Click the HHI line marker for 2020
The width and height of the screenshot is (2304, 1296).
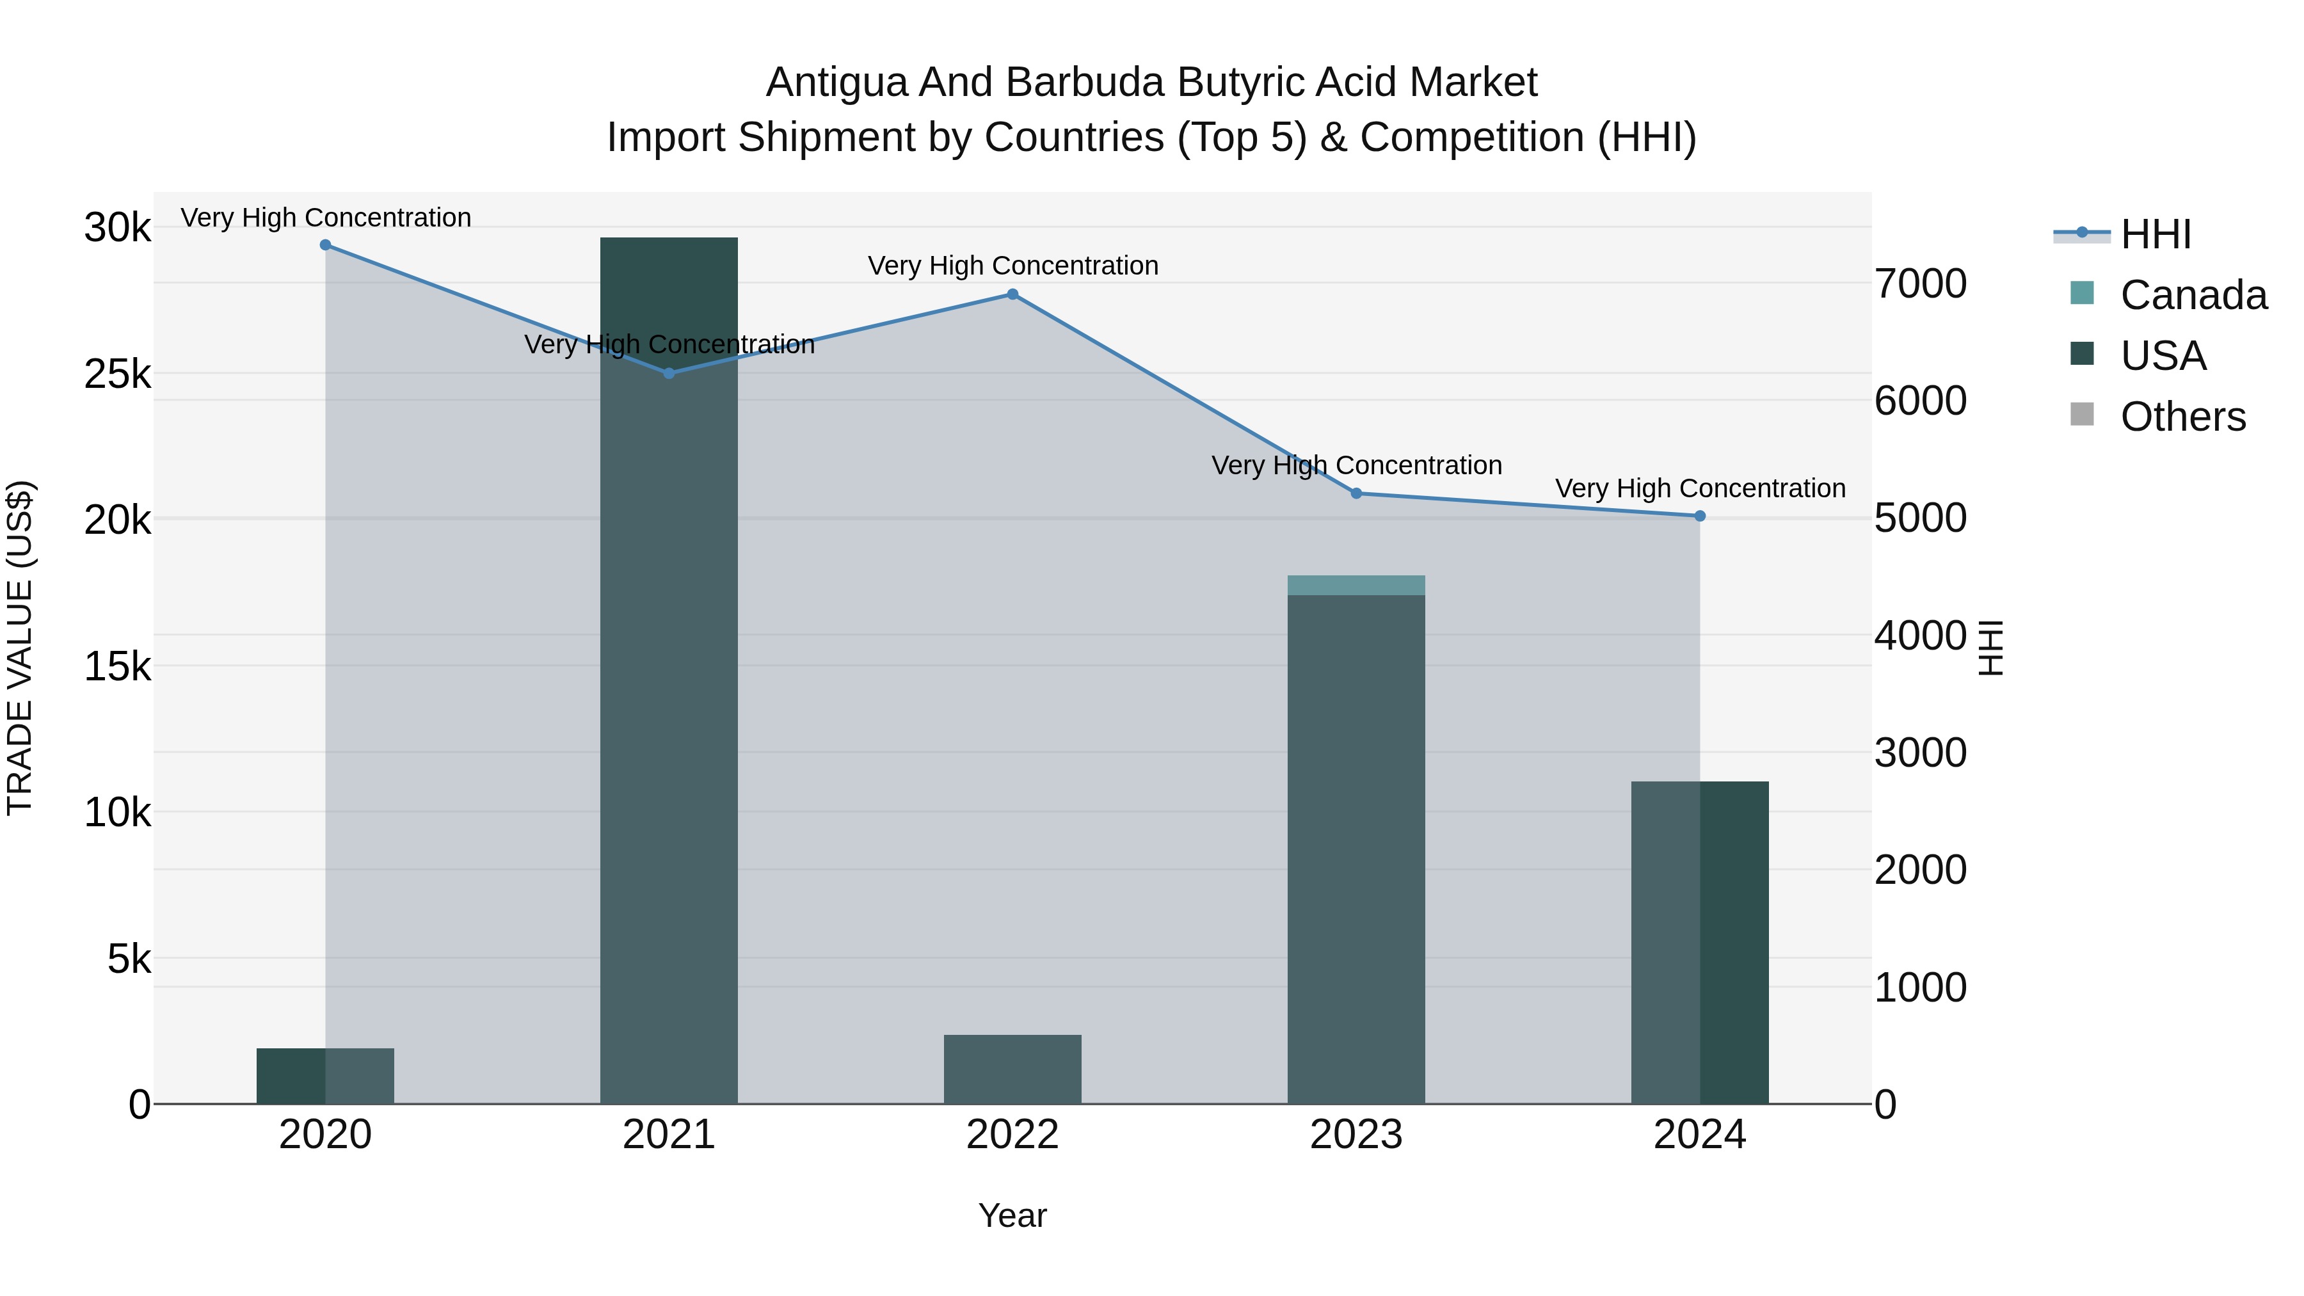326,245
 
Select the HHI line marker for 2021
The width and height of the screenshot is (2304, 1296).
669,373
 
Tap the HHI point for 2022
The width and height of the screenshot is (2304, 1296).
1012,294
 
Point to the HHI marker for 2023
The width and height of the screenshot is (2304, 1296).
1356,493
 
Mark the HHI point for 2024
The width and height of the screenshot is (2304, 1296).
1699,516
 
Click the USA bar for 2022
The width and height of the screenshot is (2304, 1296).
1012,1069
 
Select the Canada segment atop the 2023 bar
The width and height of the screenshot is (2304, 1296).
1356,585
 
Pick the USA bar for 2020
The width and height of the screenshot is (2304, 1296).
326,1076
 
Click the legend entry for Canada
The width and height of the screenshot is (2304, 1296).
2193,295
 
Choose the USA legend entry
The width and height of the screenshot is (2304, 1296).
2163,356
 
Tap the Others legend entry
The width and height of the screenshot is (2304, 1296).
2182,417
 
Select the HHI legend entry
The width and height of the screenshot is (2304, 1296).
2156,234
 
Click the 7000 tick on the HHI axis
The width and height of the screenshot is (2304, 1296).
1920,284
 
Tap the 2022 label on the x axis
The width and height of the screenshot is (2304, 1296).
1012,1135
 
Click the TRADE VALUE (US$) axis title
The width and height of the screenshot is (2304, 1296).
20,648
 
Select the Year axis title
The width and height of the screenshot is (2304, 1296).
1012,1215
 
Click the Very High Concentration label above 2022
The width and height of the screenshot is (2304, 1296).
1012,266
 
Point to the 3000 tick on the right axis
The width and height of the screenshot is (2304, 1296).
1920,753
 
